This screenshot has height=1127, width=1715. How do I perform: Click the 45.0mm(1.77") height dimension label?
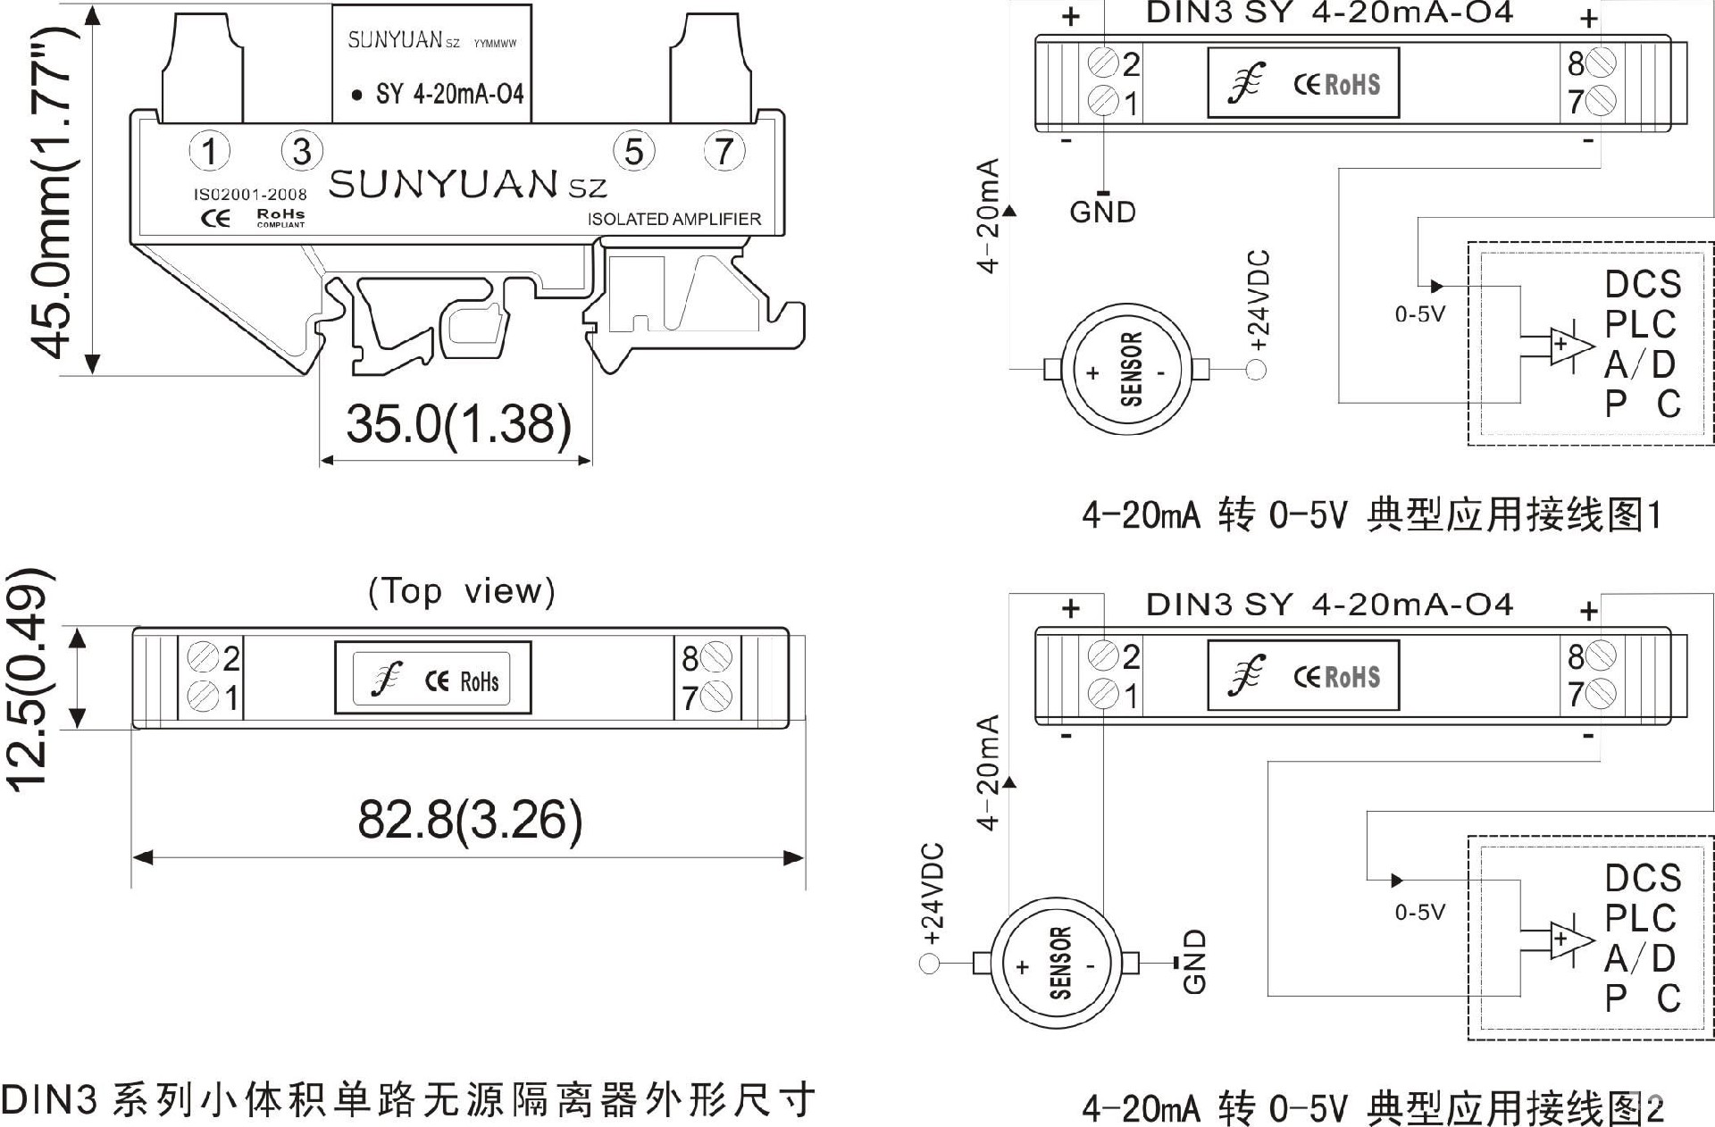54,192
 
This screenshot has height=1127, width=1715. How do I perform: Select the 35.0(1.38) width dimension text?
458,423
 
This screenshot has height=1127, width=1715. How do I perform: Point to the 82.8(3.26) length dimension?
470,819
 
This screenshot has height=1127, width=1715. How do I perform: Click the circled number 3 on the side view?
302,151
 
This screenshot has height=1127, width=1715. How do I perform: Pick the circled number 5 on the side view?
633,151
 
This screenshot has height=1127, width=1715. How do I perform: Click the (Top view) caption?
462,591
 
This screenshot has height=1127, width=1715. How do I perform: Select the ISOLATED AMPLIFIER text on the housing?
674,219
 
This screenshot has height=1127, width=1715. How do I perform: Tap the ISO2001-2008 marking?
250,194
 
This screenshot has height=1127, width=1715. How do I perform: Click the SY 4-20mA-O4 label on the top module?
450,94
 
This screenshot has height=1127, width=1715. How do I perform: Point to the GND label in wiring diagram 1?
1103,213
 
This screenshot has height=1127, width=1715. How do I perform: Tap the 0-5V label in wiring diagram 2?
1420,912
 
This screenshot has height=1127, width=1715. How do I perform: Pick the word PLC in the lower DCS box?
1641,918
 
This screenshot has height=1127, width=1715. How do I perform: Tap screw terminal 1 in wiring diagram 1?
1104,101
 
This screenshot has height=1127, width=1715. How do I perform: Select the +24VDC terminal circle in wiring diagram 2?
930,964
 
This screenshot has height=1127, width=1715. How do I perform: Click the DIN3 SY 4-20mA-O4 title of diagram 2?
1329,605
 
